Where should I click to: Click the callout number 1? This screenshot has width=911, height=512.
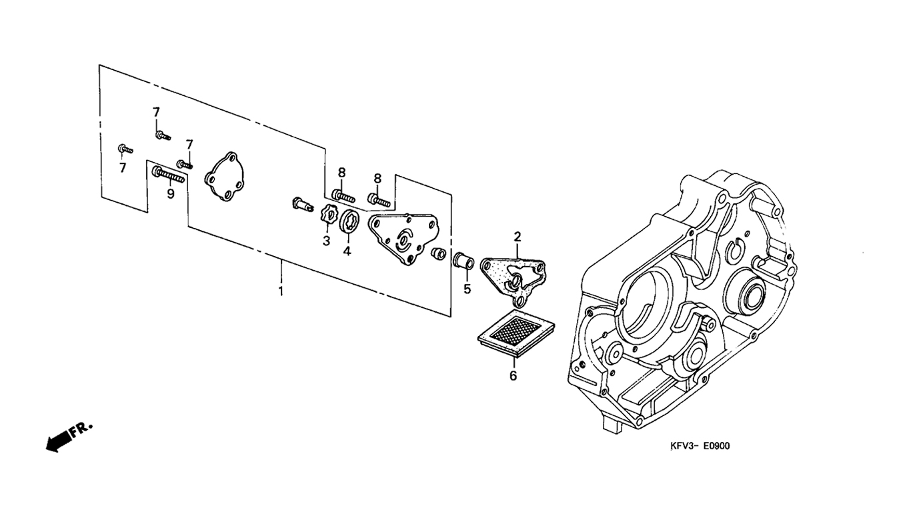tap(281, 291)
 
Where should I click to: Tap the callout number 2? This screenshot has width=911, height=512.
tap(518, 237)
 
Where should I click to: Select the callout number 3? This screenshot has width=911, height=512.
tap(326, 241)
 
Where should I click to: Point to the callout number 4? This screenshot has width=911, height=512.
tap(347, 251)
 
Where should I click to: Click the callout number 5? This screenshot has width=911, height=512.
tap(467, 289)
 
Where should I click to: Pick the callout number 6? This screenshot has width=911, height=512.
tap(514, 376)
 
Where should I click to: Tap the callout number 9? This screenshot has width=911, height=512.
tap(171, 194)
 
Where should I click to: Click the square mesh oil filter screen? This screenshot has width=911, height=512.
tap(516, 333)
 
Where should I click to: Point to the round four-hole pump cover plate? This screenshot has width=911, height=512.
tap(225, 177)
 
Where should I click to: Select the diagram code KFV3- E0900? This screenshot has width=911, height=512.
tap(700, 446)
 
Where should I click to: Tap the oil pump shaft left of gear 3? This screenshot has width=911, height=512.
tap(303, 204)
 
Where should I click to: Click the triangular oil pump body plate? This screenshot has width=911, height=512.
tap(403, 238)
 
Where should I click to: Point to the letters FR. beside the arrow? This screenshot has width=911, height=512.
tap(81, 429)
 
